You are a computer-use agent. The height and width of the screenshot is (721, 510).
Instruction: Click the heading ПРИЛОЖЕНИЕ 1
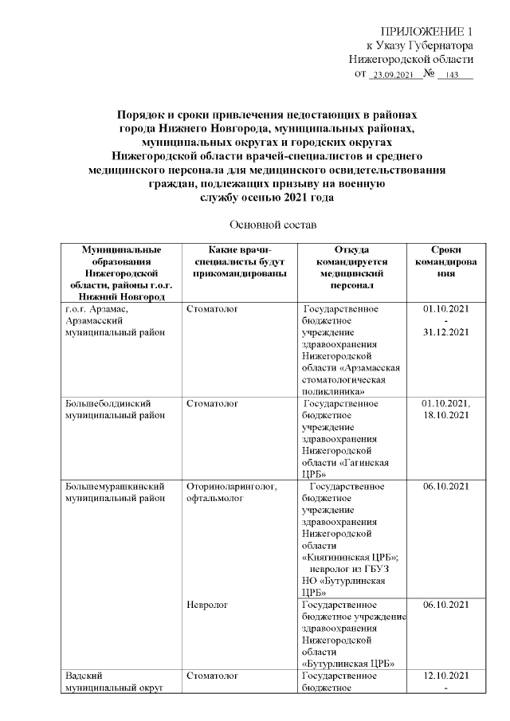[427, 30]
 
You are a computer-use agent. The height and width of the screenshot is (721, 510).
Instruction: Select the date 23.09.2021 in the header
[391, 75]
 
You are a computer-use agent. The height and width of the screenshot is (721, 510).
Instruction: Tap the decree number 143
[453, 75]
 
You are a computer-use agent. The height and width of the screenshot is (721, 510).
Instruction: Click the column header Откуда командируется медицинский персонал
[352, 266]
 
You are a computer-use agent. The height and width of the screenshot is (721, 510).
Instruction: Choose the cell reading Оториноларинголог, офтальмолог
[232, 492]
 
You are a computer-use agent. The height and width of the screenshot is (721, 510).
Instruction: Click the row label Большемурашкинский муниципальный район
[113, 492]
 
